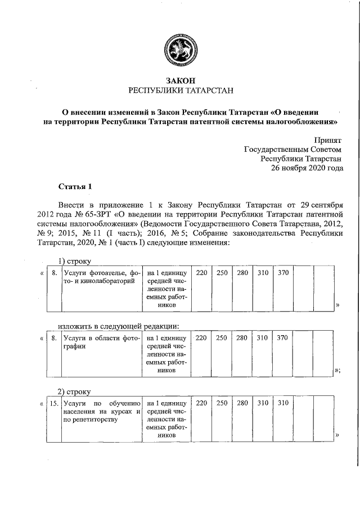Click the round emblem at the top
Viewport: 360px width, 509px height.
tap(181, 51)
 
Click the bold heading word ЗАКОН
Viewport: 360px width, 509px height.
tap(181, 81)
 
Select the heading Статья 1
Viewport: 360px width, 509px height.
tap(74, 186)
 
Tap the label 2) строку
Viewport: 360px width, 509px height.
tap(75, 391)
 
